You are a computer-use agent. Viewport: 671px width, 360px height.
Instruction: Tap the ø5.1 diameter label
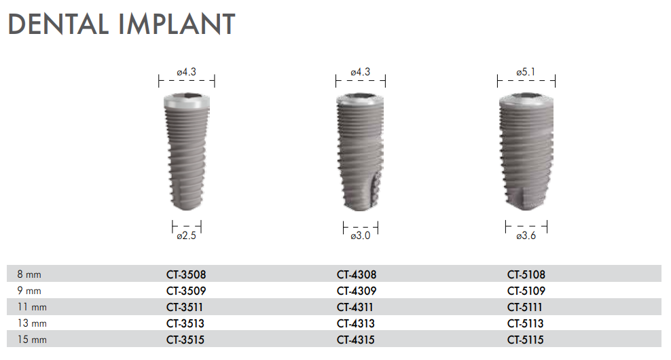tap(526, 71)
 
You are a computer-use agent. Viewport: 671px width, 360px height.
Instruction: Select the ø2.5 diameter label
tap(187, 236)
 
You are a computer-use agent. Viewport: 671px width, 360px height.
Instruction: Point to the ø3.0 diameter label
tap(361, 236)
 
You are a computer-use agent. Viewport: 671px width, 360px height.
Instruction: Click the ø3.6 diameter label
tap(526, 236)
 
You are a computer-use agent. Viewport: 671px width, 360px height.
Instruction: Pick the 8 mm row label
tap(29, 275)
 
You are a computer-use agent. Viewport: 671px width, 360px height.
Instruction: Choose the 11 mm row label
tap(31, 308)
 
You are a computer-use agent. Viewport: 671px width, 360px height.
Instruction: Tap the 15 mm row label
tap(31, 340)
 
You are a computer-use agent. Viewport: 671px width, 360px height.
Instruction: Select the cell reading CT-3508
tap(185, 275)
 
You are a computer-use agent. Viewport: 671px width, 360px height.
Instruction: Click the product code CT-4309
tap(356, 291)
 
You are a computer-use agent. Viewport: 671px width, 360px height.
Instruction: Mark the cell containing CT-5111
tap(526, 308)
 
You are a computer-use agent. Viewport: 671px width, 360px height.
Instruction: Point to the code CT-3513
tap(185, 324)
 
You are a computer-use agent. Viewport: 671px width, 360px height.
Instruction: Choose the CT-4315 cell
tap(356, 340)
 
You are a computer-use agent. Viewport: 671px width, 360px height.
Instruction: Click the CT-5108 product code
tap(526, 275)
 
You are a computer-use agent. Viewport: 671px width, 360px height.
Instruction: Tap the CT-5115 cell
tap(526, 340)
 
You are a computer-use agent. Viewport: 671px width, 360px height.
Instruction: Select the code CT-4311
tap(355, 308)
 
